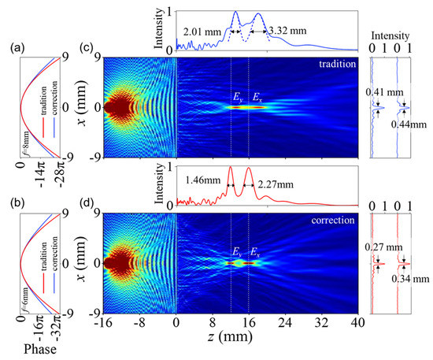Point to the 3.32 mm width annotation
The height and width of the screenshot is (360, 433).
(x=283, y=32)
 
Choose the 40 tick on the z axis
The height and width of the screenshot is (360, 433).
(x=357, y=325)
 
